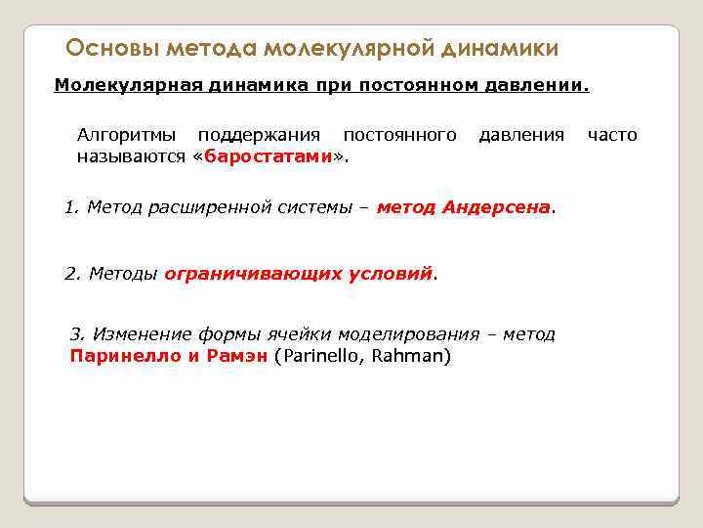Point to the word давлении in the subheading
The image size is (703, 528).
pos(541,85)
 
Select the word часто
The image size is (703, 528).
pos(612,135)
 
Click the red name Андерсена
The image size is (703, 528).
pos(496,207)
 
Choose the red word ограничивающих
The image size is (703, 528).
pos(254,274)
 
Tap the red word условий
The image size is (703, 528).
pos(390,274)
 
